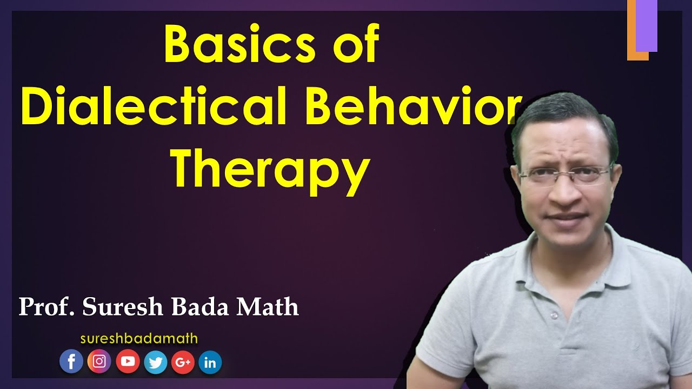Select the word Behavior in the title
pyautogui.click(x=413, y=105)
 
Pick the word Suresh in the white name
pyautogui.click(x=122, y=307)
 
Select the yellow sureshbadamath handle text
pyautogui.click(x=139, y=339)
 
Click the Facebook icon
pyautogui.click(x=71, y=362)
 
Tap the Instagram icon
pyautogui.click(x=99, y=362)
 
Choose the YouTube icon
pyautogui.click(x=128, y=362)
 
